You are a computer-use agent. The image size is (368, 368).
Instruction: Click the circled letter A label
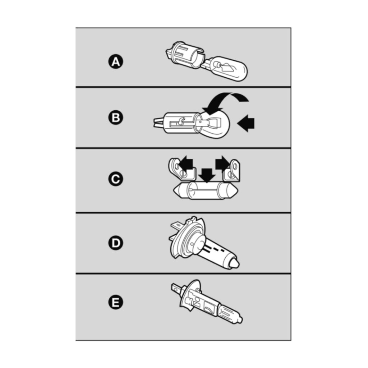coord(116,62)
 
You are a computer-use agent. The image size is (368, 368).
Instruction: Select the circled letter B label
coord(116,118)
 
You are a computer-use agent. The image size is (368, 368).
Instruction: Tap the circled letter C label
coord(116,179)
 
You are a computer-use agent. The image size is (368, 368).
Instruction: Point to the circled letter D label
coord(116,243)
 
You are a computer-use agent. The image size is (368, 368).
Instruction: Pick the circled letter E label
coord(116,302)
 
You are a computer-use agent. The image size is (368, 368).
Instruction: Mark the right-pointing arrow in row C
coord(222,164)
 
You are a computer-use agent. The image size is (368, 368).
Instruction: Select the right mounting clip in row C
coord(233,171)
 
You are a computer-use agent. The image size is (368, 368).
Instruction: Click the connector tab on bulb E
coord(176,289)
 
